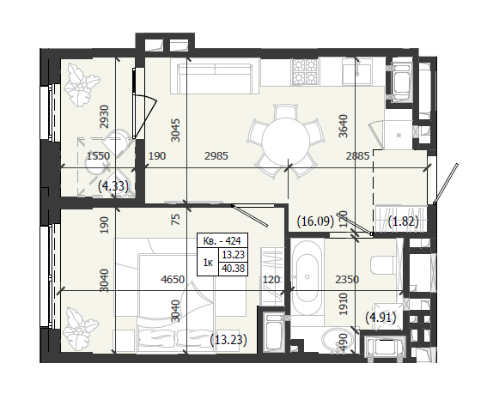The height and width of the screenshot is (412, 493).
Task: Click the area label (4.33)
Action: (113, 186)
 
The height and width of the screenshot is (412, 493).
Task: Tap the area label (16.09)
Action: (315, 221)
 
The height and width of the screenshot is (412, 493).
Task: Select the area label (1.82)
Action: (404, 221)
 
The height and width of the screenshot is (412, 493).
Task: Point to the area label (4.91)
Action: (380, 318)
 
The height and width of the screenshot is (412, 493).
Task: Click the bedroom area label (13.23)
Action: (228, 340)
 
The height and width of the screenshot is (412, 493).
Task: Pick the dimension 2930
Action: (104, 117)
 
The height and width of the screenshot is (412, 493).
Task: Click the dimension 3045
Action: (176, 130)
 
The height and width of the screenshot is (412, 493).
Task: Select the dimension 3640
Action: (344, 126)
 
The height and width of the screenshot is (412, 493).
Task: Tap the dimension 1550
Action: (99, 156)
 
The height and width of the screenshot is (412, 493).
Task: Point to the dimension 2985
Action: (216, 156)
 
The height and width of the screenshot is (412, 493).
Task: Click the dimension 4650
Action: (173, 279)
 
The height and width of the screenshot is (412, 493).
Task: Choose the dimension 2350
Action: (347, 279)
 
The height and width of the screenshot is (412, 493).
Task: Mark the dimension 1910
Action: (344, 304)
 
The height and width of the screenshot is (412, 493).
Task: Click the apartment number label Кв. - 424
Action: (222, 240)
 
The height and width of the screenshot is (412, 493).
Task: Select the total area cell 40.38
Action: (234, 269)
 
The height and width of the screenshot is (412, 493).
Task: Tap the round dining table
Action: (286, 138)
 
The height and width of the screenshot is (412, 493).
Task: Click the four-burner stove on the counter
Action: (305, 71)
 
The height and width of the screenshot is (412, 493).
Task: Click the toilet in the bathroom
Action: (383, 265)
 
